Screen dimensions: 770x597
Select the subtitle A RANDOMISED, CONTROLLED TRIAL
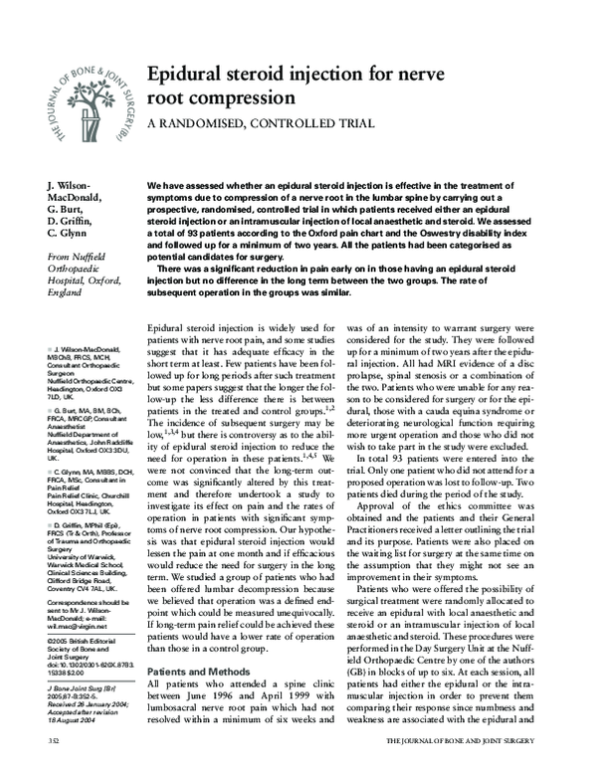[x=260, y=123]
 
